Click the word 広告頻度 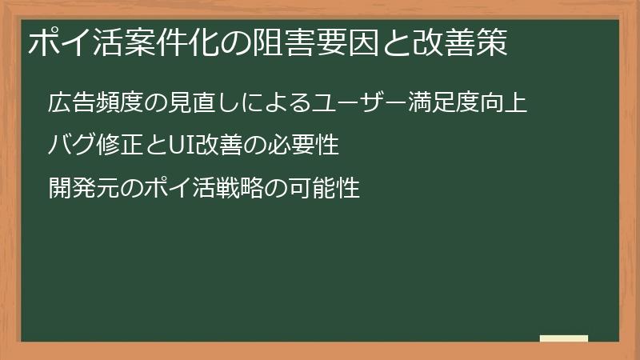click(90, 104)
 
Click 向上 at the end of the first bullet click(506, 104)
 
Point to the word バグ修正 click(90, 146)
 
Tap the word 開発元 click(79, 189)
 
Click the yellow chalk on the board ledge click(563, 338)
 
